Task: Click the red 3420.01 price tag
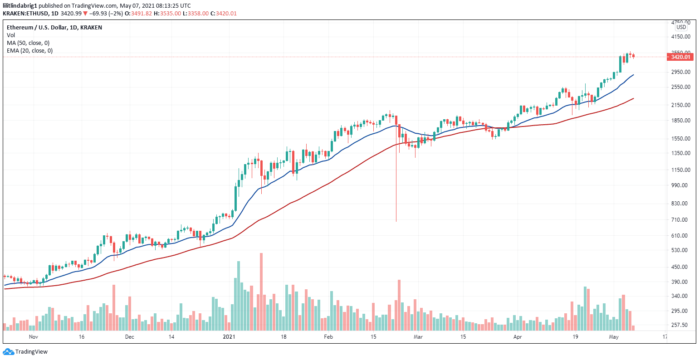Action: pos(680,57)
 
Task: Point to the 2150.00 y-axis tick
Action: pos(680,105)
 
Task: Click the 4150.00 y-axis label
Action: pos(680,37)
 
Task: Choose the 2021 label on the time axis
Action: pos(229,337)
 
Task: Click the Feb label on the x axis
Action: pos(328,337)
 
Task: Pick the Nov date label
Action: pos(33,337)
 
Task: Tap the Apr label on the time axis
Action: pos(518,337)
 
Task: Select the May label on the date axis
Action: pos(614,337)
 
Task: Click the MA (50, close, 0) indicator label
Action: pos(28,43)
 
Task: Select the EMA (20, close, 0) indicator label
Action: pos(29,50)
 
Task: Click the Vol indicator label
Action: pos(10,35)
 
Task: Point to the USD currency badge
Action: pos(681,27)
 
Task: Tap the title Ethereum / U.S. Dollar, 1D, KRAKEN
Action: pos(54,27)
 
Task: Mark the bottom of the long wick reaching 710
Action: pos(396,221)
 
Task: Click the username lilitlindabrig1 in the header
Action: pos(20,5)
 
